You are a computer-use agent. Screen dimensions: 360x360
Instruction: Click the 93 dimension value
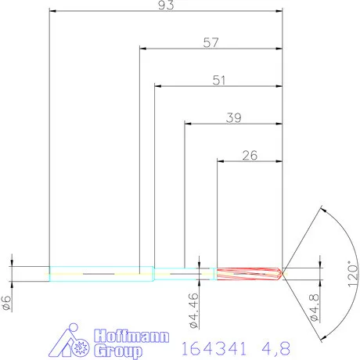click(x=165, y=5)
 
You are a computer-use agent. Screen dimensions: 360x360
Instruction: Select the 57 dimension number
click(x=211, y=43)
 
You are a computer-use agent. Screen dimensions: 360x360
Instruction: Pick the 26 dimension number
click(x=250, y=155)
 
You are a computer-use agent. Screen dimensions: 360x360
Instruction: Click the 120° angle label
click(x=351, y=273)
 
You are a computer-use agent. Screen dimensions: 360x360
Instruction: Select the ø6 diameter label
click(x=7, y=301)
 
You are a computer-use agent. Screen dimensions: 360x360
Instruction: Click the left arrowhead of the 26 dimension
click(x=220, y=160)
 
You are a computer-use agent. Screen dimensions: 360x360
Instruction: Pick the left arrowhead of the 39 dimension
click(x=188, y=123)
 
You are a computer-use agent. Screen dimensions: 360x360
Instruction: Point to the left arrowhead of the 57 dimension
click(x=144, y=49)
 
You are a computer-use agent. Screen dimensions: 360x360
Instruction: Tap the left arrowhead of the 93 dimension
click(x=53, y=11)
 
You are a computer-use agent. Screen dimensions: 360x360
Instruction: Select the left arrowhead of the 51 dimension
click(x=158, y=85)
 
